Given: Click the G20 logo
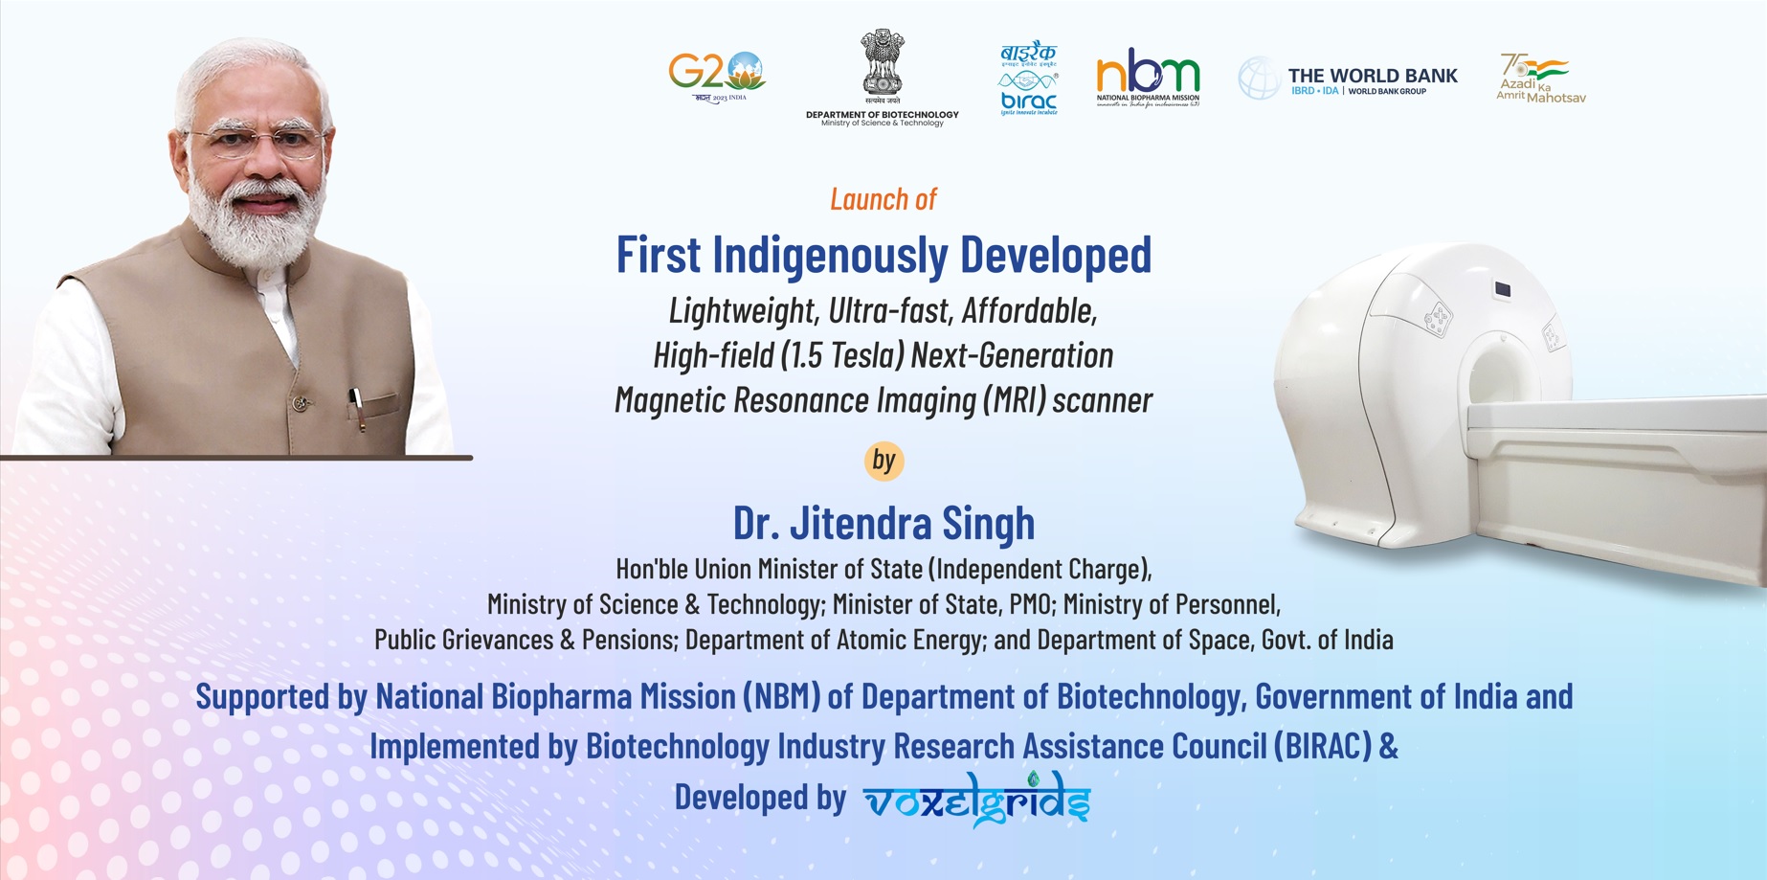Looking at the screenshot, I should pos(717,76).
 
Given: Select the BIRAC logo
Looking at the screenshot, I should pos(1028,79).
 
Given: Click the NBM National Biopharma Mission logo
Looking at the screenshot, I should pos(1148,77).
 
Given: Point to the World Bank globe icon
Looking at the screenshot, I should pos(1259,78).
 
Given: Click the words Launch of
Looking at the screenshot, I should pos(883,199).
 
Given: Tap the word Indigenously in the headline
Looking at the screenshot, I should pos(830,255).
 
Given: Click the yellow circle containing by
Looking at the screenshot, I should pos(883,461).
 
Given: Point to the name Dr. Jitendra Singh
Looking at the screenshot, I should pos(883,523).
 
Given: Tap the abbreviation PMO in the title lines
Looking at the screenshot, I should pos(1030,604).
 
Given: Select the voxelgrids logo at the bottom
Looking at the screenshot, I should pos(976,800).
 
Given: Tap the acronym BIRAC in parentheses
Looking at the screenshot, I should pos(1322,747).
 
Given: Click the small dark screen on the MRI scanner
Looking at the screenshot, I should pos(1502,289).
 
